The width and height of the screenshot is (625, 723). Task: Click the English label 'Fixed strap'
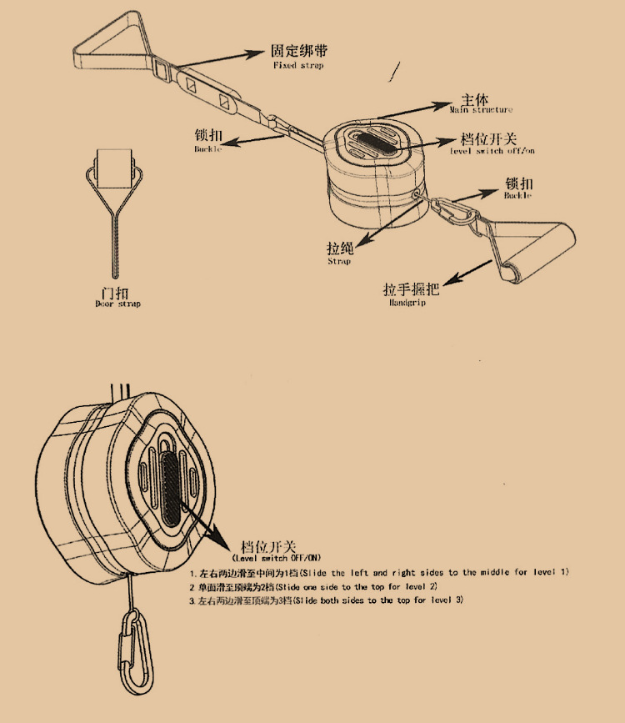point(297,65)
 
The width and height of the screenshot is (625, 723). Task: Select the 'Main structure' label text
point(481,109)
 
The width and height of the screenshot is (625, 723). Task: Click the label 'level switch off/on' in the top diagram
point(492,152)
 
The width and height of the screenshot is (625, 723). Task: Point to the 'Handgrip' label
point(407,304)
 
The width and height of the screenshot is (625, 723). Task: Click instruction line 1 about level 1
point(379,573)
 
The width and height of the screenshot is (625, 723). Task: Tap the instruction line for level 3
point(326,600)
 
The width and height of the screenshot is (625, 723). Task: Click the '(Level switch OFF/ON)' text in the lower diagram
point(276,557)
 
